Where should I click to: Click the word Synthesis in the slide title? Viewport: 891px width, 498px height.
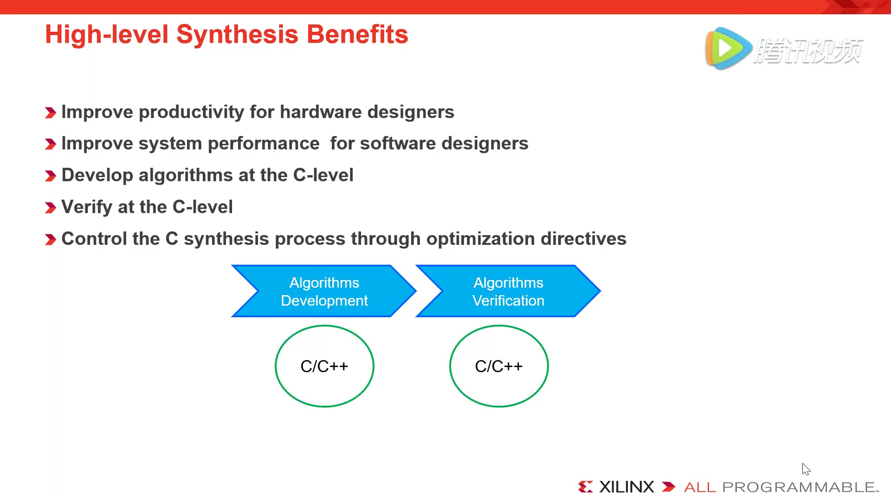[x=237, y=35]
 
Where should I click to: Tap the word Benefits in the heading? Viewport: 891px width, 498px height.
[x=357, y=34]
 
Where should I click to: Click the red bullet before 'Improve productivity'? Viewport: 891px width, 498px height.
[x=51, y=112]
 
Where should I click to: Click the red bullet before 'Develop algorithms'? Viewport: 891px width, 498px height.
[x=51, y=176]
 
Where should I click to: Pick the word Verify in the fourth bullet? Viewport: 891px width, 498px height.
[x=87, y=207]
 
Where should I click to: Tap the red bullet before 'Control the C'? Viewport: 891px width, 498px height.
[x=51, y=240]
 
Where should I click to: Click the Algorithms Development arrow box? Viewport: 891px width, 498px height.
[x=324, y=291]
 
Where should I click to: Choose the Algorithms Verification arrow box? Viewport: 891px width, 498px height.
[x=508, y=291]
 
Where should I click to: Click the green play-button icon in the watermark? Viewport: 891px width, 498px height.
[x=728, y=48]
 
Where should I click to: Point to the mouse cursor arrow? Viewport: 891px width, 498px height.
[x=806, y=469]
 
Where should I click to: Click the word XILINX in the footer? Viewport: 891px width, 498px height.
[x=626, y=487]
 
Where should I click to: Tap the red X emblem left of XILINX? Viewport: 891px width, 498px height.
[x=585, y=487]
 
